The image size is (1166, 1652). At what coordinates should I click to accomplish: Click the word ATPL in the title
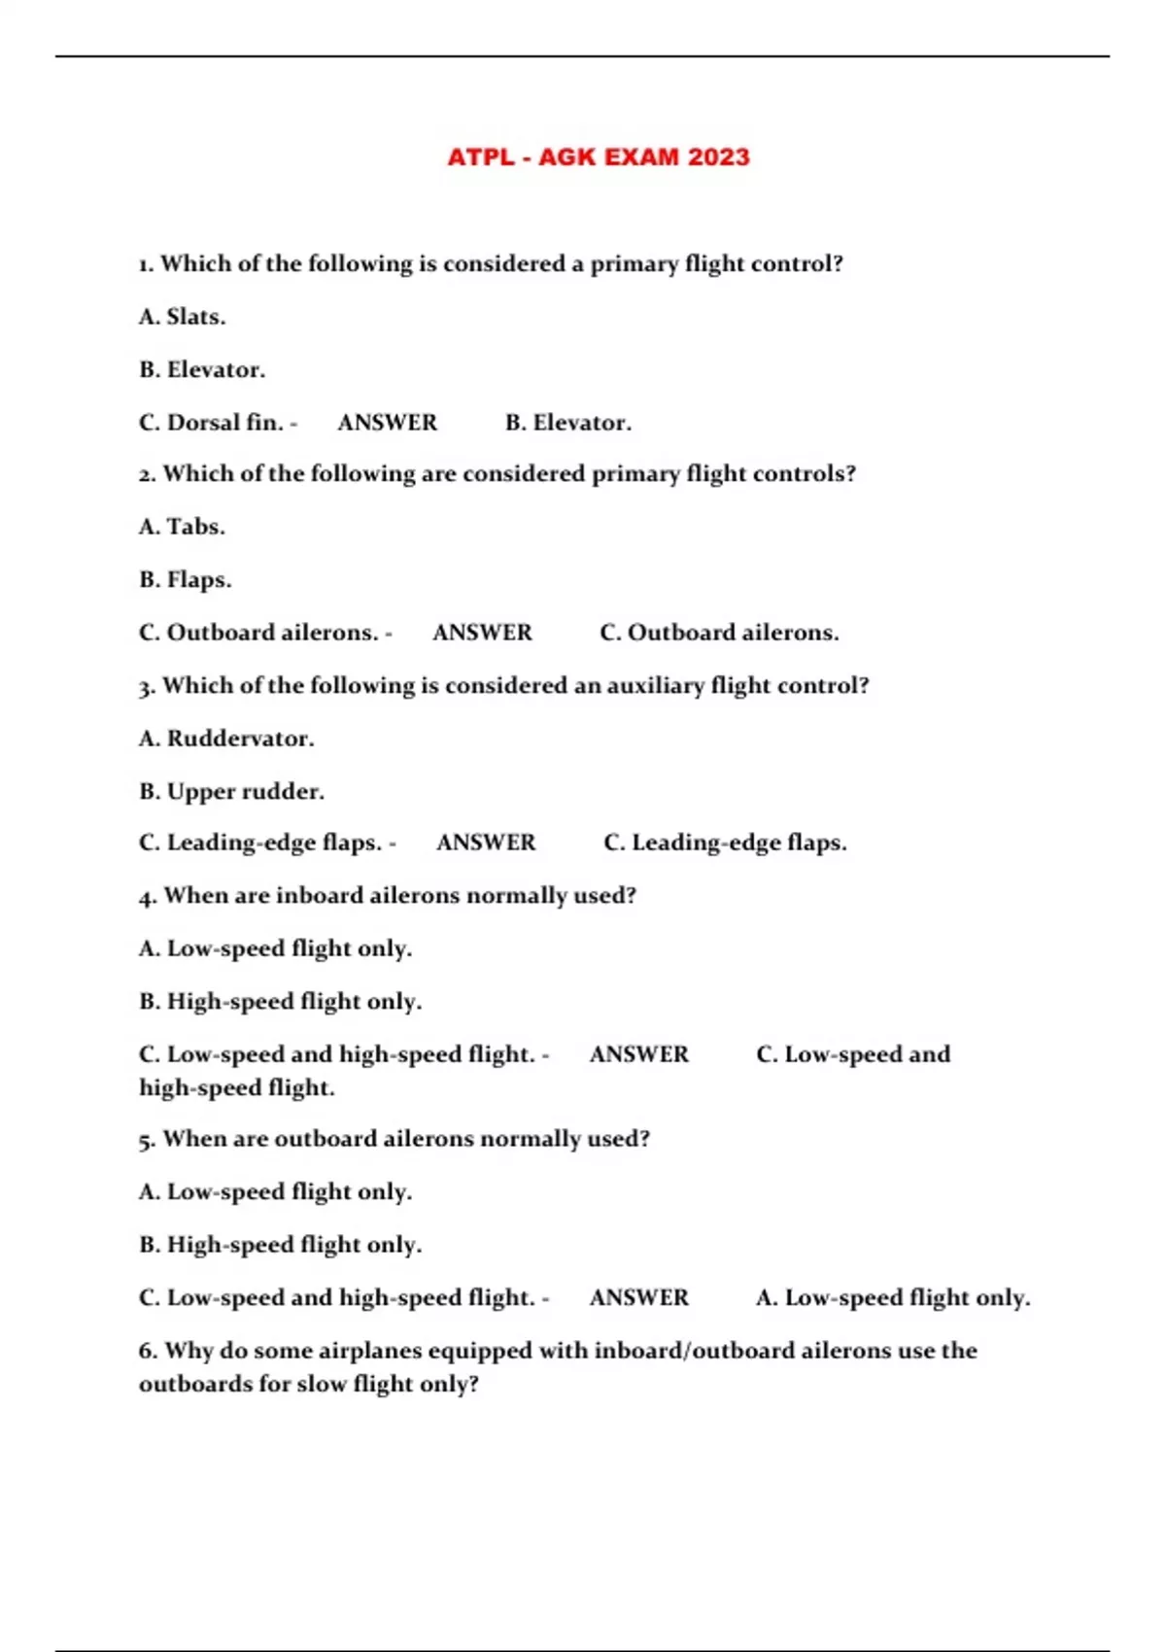pyautogui.click(x=480, y=157)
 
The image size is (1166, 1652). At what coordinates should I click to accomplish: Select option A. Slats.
pyautogui.click(x=183, y=317)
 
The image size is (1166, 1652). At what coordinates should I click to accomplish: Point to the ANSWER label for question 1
pyautogui.click(x=388, y=423)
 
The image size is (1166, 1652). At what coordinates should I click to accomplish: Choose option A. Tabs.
pyautogui.click(x=183, y=527)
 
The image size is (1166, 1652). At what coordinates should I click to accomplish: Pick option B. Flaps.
pyautogui.click(x=186, y=580)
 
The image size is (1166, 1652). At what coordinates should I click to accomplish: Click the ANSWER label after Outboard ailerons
pyautogui.click(x=483, y=633)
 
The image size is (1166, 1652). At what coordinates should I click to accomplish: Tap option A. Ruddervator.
pyautogui.click(x=226, y=739)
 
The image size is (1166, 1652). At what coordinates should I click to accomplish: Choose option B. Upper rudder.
pyautogui.click(x=231, y=792)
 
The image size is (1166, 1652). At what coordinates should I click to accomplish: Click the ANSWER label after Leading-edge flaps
pyautogui.click(x=486, y=843)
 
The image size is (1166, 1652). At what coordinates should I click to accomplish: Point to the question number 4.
pyautogui.click(x=147, y=896)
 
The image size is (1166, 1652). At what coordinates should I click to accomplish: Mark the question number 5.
pyautogui.click(x=147, y=1139)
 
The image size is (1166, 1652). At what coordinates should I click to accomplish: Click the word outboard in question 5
pyautogui.click(x=326, y=1139)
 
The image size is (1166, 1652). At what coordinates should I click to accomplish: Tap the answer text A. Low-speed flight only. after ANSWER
pyautogui.click(x=893, y=1298)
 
